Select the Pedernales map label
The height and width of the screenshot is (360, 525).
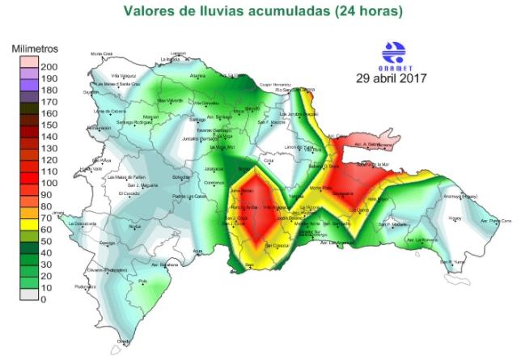coord(86,286)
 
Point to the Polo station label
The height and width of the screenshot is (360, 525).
coord(143,281)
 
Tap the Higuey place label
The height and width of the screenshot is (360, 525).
coord(455,218)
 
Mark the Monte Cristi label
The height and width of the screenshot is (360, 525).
coord(102,54)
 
